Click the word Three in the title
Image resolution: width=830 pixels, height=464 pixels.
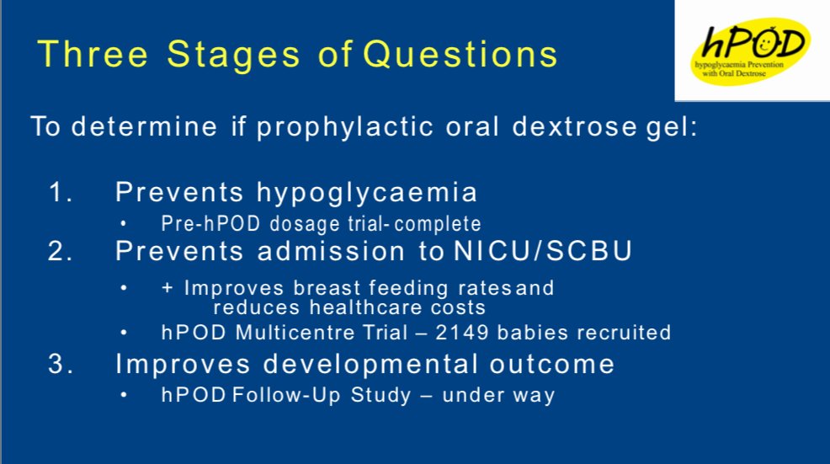[93, 54]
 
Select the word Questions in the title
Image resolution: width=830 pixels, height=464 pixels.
[460, 55]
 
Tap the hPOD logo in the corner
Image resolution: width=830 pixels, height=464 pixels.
[751, 51]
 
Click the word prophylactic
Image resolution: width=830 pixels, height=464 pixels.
[345, 128]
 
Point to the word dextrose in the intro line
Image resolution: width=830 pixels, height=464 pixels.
[574, 127]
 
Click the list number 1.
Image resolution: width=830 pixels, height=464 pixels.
[61, 192]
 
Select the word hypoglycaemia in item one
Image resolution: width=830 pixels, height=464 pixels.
[367, 194]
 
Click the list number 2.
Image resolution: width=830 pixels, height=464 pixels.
[60, 251]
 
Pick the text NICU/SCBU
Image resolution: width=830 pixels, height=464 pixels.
[543, 251]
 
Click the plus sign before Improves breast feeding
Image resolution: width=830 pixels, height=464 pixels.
[168, 288]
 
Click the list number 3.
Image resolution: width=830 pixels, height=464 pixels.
[61, 365]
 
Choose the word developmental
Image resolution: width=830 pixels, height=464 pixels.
[370, 365]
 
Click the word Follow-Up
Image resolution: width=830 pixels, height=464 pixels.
[286, 396]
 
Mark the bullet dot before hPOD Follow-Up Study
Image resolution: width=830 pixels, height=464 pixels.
[124, 395]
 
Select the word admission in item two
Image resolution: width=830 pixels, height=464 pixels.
[332, 251]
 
